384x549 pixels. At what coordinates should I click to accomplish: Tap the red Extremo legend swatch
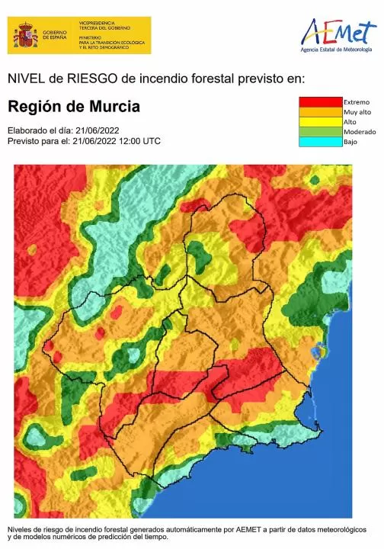coord(320,102)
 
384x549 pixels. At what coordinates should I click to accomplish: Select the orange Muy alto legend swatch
coord(320,112)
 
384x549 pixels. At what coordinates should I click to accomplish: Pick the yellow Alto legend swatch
coord(320,122)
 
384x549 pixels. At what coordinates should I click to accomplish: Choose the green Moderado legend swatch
coord(320,132)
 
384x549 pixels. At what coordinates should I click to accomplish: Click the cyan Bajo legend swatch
coord(320,142)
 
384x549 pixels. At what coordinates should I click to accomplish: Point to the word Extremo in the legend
coord(357,102)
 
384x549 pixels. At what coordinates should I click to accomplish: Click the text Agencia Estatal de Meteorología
coord(337,50)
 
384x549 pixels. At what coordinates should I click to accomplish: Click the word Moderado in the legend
coord(360,132)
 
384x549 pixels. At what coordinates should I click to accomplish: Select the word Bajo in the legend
coord(351,142)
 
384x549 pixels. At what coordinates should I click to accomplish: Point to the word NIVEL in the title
coord(24,78)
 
